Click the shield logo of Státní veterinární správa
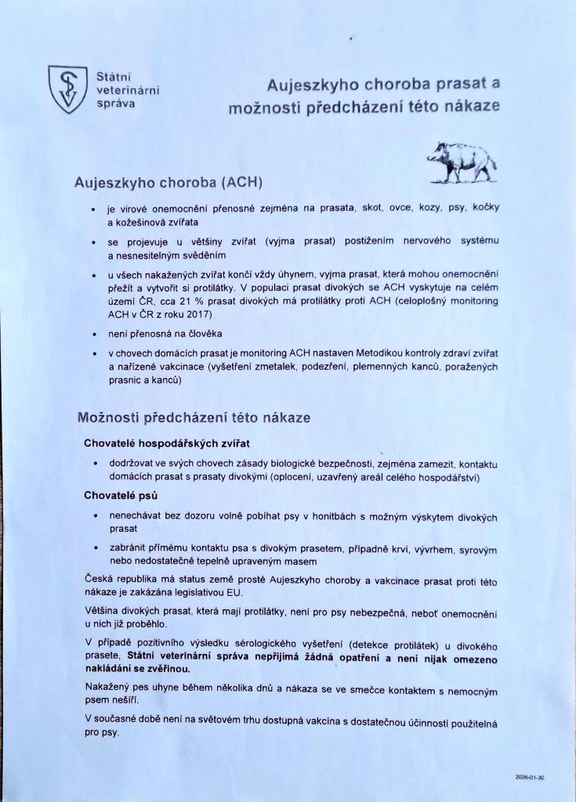(x=67, y=89)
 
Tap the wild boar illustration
(x=463, y=161)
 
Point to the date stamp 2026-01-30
(x=530, y=778)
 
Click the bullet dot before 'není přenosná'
(x=94, y=335)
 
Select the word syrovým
(x=479, y=551)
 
